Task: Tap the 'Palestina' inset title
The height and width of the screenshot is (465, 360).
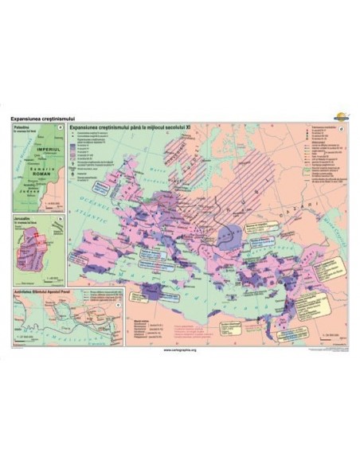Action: [22, 127]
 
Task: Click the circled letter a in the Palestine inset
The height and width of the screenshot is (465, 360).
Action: [61, 128]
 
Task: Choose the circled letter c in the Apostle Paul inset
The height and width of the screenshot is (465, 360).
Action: [118, 301]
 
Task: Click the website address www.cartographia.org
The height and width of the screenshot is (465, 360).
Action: [180, 350]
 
